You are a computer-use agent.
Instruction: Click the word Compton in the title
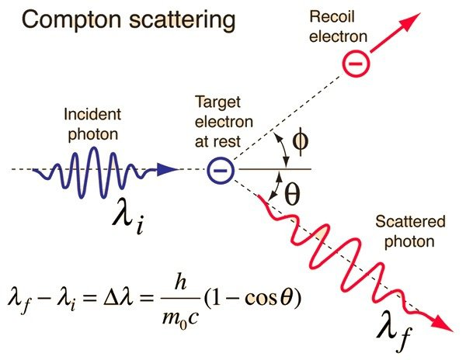[x=71, y=21]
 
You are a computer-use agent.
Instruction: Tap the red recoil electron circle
[x=356, y=63]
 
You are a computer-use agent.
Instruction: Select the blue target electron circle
[x=221, y=170]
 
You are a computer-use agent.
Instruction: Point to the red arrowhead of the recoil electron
[x=409, y=22]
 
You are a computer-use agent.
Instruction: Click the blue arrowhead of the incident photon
[x=168, y=169]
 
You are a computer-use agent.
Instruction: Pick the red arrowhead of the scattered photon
[x=442, y=324]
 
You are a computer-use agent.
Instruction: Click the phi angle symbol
[x=300, y=141]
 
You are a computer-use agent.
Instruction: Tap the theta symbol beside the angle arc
[x=292, y=194]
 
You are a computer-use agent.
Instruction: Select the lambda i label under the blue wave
[x=128, y=217]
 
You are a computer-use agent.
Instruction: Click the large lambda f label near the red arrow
[x=395, y=330]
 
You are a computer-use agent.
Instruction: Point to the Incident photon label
[x=92, y=124]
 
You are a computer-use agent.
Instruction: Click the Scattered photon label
[x=410, y=231]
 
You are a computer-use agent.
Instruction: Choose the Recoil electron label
[x=339, y=26]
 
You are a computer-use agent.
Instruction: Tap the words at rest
[x=217, y=142]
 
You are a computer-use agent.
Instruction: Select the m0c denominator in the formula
[x=180, y=317]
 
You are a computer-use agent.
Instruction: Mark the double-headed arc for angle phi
[x=283, y=150]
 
